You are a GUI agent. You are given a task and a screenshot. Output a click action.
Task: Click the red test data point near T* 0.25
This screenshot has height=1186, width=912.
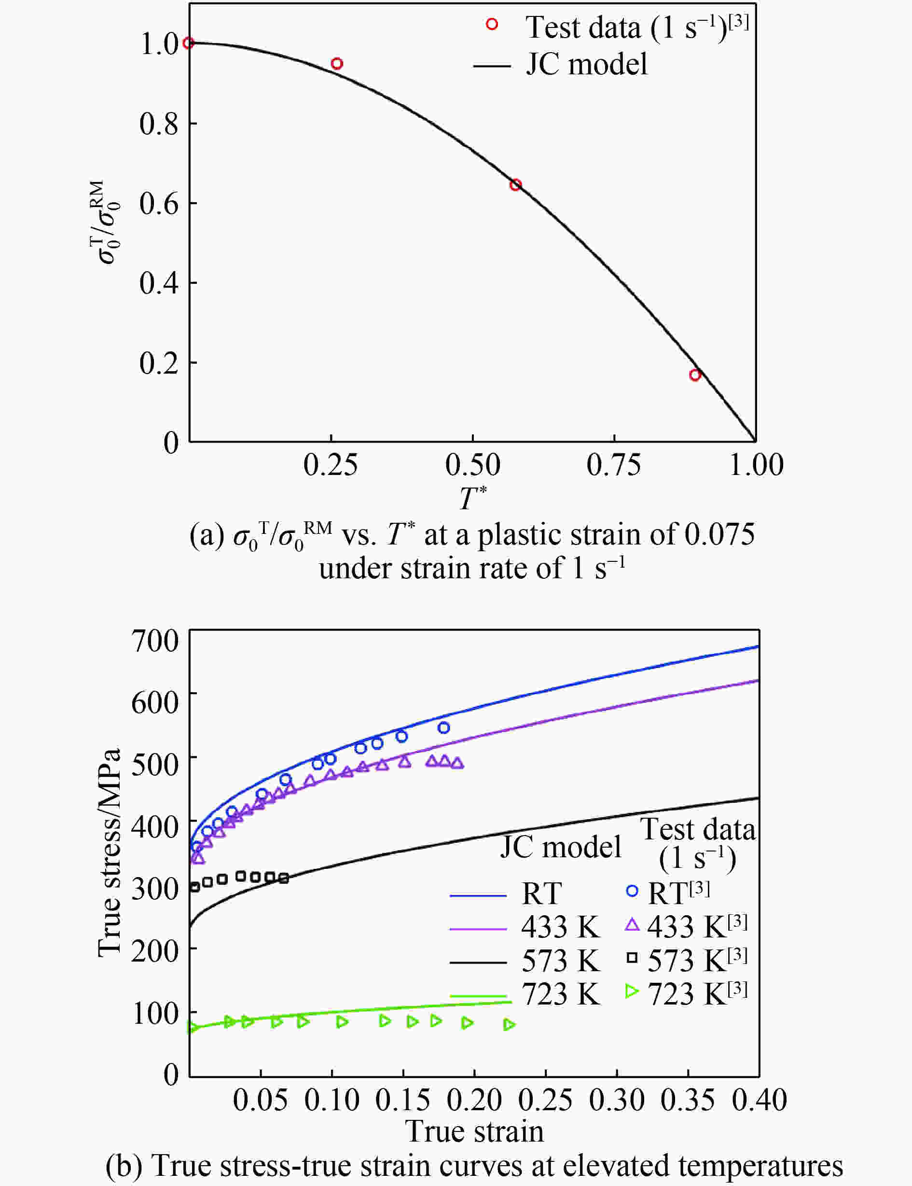337,64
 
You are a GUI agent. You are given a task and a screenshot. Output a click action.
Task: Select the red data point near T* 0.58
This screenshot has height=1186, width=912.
515,184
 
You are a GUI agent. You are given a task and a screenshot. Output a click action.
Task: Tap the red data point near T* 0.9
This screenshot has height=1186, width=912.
695,375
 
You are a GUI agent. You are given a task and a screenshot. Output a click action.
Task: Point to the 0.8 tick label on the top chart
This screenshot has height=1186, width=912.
158,124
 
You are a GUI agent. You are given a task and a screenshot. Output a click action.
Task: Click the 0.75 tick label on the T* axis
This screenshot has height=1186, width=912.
613,465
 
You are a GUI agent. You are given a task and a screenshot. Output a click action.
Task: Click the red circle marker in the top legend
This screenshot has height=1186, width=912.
492,25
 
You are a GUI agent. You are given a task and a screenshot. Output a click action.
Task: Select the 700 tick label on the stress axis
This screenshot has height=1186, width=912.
155,641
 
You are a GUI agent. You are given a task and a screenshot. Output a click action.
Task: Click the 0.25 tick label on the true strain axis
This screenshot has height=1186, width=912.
545,1100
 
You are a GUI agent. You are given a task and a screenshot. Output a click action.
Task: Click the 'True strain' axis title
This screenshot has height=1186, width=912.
474,1131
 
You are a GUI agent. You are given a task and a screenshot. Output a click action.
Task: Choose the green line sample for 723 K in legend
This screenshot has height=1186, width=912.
478,995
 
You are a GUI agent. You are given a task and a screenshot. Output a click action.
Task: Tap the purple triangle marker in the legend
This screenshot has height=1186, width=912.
632,924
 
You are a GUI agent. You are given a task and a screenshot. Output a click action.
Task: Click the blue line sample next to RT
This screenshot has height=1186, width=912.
478,894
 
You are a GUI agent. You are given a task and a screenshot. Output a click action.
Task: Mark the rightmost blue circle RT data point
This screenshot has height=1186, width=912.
443,728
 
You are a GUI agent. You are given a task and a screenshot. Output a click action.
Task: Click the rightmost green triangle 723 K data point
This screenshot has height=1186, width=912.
509,1025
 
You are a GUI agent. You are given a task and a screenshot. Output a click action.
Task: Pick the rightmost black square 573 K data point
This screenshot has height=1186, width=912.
283,878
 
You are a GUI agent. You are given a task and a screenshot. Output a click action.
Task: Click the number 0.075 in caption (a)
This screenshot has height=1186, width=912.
719,535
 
